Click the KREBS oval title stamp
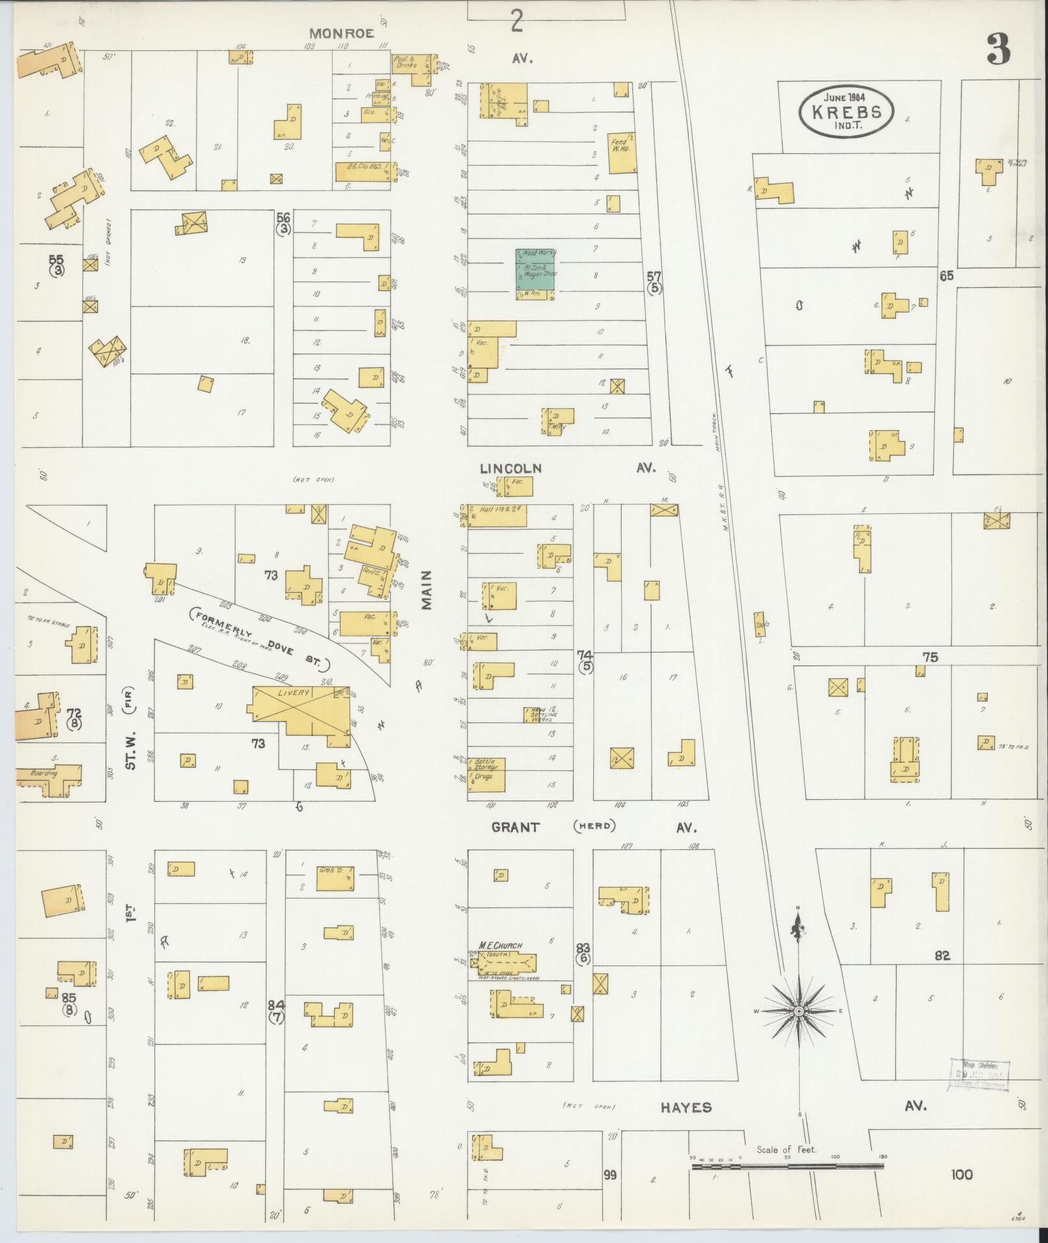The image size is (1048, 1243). (846, 112)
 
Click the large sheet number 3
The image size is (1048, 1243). (998, 49)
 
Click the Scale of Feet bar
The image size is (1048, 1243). (787, 1167)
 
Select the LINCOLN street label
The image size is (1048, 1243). (511, 468)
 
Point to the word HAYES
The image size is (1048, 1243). (686, 1108)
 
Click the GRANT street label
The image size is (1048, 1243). (515, 827)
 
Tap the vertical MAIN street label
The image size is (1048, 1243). (426, 590)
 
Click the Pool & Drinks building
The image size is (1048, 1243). (411, 70)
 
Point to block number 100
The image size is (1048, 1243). (961, 1175)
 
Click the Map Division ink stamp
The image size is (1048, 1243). (979, 1075)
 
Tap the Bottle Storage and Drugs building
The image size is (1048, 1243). (487, 773)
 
